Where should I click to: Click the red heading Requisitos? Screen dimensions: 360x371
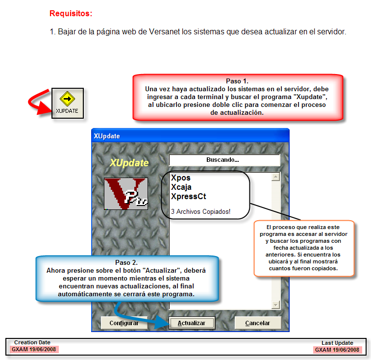point(71,14)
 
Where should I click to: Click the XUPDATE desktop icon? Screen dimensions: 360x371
point(68,103)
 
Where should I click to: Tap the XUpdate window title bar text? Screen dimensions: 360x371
point(107,136)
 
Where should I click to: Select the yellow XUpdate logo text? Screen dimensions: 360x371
point(129,163)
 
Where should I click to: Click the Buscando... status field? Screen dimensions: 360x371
point(224,160)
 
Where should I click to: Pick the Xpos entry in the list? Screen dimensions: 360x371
point(181,177)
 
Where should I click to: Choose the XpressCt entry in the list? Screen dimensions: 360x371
point(189,196)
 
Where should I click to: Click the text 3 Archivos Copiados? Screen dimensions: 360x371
point(200,212)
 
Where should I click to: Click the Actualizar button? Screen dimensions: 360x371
point(192,323)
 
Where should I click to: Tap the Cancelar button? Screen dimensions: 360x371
point(258,323)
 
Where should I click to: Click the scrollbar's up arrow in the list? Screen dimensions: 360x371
point(275,176)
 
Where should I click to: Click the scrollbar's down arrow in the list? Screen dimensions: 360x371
point(275,305)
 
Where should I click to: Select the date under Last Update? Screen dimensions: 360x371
point(337,350)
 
